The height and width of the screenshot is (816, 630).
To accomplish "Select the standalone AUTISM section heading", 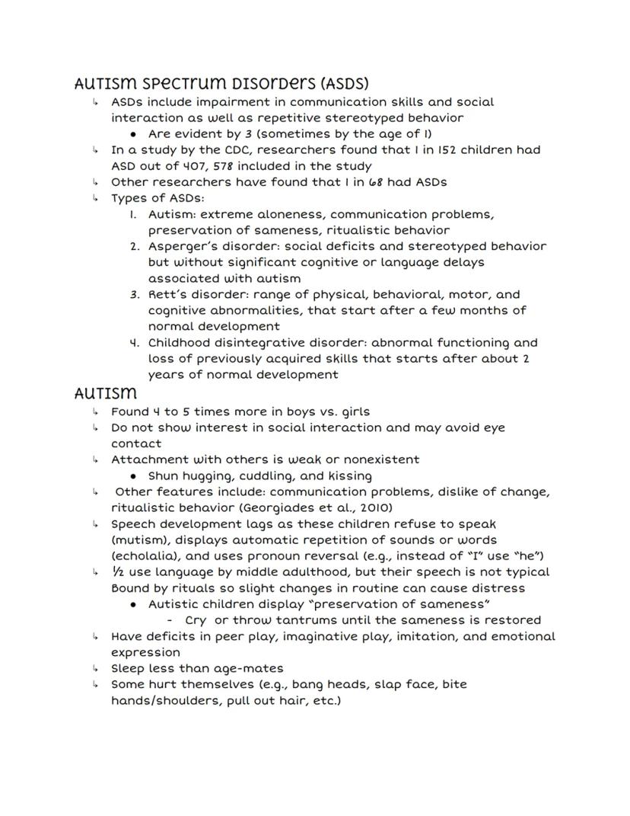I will click(x=106, y=394).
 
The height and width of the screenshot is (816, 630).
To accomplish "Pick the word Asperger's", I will click(x=183, y=246).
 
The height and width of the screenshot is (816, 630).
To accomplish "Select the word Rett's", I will click(x=167, y=294).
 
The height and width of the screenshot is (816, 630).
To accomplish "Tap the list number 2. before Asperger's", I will click(x=135, y=246).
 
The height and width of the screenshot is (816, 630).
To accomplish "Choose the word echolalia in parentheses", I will click(x=145, y=555).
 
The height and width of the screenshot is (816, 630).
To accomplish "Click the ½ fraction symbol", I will click(x=116, y=571).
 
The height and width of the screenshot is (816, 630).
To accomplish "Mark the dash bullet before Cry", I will click(x=170, y=619).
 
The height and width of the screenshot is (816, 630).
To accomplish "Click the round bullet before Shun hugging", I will click(x=133, y=476).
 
